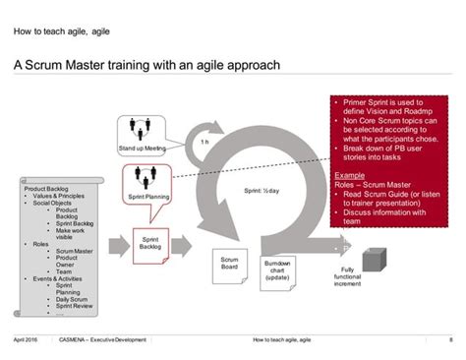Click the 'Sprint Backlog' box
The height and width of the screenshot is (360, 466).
[150, 243]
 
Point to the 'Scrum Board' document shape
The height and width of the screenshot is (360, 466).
[230, 265]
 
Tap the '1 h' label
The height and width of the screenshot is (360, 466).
[204, 142]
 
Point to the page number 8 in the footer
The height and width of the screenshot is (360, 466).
[450, 340]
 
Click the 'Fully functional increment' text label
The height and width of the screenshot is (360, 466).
[348, 282]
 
